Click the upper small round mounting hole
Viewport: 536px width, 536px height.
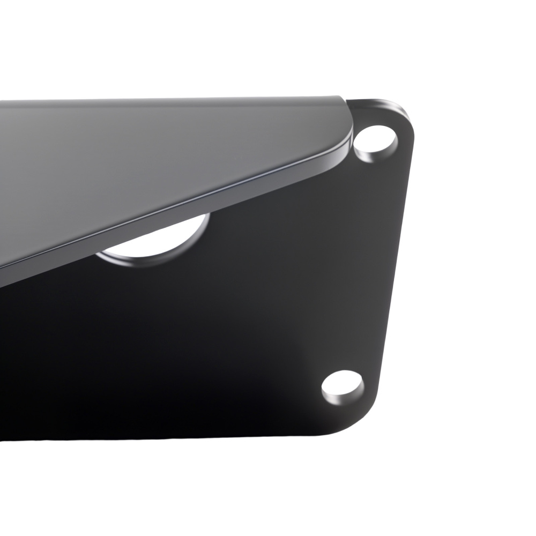click(x=375, y=143)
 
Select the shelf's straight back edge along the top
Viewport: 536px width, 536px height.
click(x=161, y=99)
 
